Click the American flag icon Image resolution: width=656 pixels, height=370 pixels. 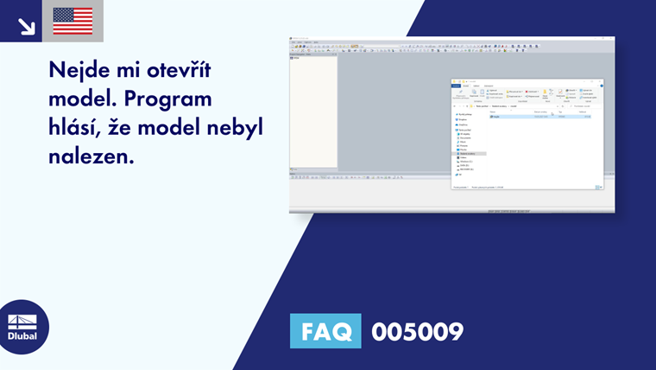(x=73, y=21)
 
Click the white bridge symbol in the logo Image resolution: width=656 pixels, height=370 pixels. (x=22, y=322)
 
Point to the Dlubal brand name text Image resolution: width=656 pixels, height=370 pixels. (x=22, y=336)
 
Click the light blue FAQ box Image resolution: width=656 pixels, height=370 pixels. (x=325, y=331)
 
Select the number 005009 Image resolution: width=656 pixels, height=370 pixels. (x=417, y=331)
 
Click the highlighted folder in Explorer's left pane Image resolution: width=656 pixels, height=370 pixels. (x=471, y=154)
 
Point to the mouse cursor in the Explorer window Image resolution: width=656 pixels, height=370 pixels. (x=552, y=113)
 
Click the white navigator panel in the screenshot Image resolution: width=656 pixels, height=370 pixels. (x=313, y=112)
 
